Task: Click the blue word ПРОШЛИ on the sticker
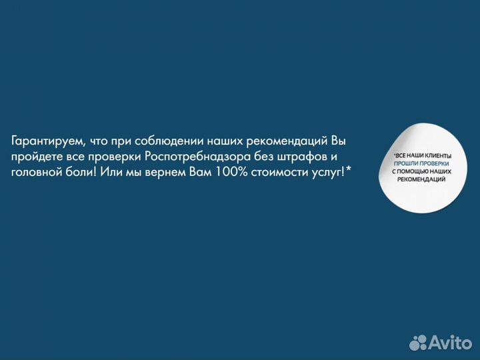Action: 406,163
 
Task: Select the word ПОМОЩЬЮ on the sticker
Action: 417,171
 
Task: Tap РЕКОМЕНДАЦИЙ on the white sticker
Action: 421,179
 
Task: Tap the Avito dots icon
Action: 418,342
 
